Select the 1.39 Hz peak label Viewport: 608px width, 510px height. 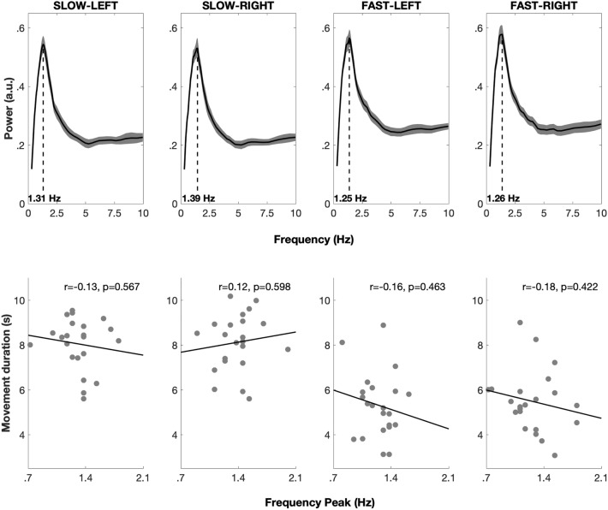pyautogui.click(x=199, y=199)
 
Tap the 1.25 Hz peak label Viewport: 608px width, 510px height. pyautogui.click(x=350, y=199)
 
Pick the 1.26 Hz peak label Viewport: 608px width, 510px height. pyautogui.click(x=504, y=199)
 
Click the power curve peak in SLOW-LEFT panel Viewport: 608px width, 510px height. pyautogui.click(x=43, y=44)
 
